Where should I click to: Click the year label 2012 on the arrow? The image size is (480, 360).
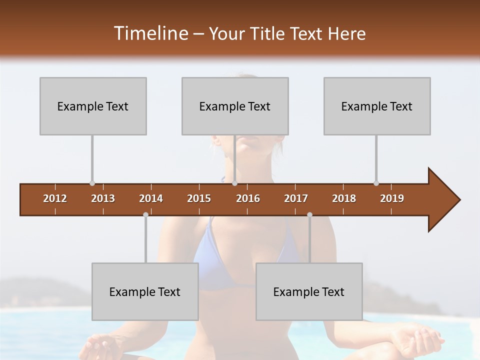tap(55, 198)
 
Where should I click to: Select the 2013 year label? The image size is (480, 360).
tap(103, 198)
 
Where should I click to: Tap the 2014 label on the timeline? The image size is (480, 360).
tap(151, 198)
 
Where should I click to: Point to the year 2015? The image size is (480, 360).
tap(199, 198)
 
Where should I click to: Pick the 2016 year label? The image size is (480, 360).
tap(248, 198)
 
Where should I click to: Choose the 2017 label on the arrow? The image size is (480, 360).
tap(296, 198)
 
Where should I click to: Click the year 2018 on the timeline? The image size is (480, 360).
tap(344, 198)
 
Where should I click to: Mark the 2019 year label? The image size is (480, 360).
tap(392, 198)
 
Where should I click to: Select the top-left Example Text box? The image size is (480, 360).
tap(93, 106)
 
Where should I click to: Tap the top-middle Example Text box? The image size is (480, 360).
tap(235, 106)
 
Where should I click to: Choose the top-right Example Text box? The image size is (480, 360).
tap(377, 106)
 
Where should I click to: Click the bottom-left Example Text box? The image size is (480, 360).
tap(145, 291)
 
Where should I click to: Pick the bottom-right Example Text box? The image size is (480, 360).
tap(309, 291)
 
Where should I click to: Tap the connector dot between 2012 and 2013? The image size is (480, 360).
tap(92, 183)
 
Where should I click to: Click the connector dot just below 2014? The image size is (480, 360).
tap(145, 214)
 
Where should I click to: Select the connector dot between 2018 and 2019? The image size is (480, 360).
tap(376, 183)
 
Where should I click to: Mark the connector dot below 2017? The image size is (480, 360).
tap(309, 214)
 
